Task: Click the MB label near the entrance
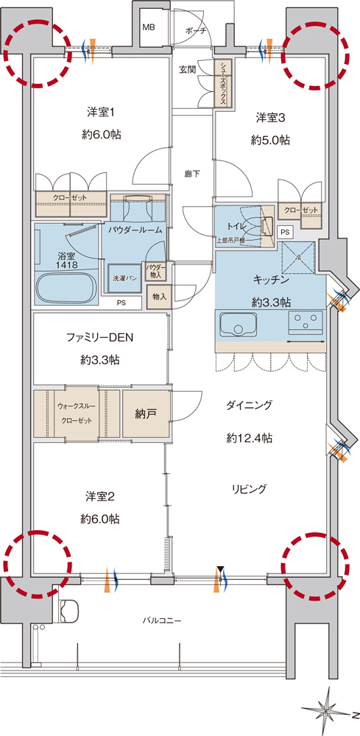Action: (149, 26)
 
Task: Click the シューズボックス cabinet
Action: (222, 84)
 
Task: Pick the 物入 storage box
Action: (158, 297)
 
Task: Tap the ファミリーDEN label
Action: (99, 338)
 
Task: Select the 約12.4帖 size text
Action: (250, 439)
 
